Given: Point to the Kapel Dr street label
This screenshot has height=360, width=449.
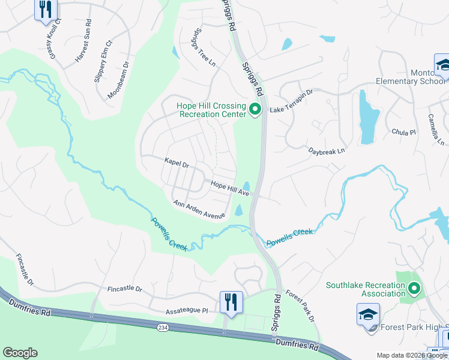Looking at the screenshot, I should (x=176, y=162).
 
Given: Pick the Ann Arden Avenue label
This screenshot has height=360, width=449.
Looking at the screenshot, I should (x=199, y=210).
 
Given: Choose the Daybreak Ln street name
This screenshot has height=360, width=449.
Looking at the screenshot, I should (x=327, y=152).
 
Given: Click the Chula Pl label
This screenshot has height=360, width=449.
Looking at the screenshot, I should (x=403, y=132).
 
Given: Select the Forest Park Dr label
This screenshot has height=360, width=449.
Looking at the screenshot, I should (x=300, y=305).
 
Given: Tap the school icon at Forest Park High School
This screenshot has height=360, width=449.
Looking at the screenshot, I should (x=368, y=314).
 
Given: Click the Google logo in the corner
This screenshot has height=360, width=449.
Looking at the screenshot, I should (x=20, y=353).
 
